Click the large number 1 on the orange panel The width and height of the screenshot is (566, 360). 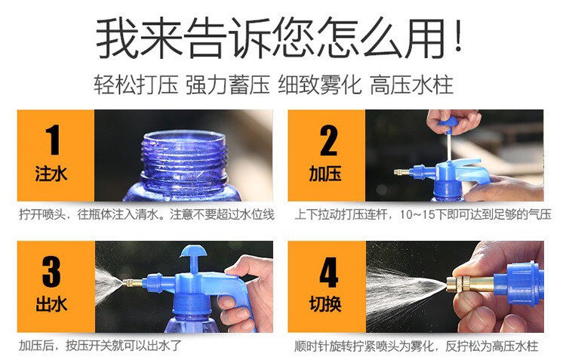[54, 140]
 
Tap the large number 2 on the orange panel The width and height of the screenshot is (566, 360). [328, 140]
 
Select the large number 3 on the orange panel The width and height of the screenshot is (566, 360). [51, 272]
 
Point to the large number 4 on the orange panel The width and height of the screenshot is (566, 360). [329, 272]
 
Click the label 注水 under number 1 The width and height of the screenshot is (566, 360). [51, 174]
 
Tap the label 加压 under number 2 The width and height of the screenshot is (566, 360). [325, 174]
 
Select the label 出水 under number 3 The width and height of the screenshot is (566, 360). [51, 304]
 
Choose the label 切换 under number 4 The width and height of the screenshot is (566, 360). [325, 304]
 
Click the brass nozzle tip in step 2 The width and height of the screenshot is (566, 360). [401, 172]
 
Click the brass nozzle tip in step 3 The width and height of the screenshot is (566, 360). [132, 283]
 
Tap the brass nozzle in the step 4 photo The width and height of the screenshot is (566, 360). [469, 285]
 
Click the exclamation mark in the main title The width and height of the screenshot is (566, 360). [458, 37]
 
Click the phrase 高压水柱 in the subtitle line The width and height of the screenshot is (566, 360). [411, 85]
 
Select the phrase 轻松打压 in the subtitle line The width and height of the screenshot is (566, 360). [136, 85]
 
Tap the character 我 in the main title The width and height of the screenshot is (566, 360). [117, 38]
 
